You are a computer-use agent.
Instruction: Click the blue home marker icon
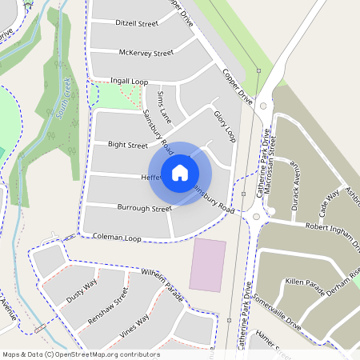(180, 173)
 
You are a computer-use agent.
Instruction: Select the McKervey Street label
(146, 53)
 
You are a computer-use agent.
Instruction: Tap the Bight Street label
(128, 146)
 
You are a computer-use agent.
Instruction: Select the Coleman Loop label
(117, 238)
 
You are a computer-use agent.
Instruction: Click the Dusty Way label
(82, 289)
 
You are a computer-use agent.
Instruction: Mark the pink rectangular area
(206, 264)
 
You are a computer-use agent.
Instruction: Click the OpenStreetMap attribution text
(81, 354)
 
